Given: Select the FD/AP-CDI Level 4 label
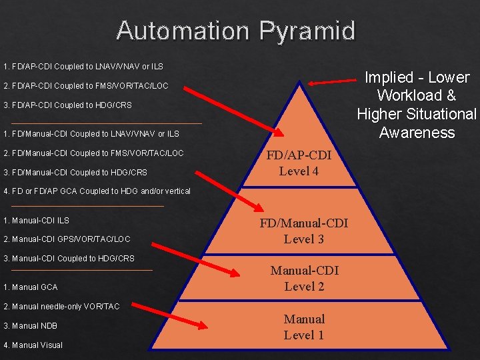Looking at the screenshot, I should [299, 163].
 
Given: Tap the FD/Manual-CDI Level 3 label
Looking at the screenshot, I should [303, 231].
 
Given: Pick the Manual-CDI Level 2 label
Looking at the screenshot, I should [304, 278].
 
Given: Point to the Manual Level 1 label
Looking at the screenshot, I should [304, 327].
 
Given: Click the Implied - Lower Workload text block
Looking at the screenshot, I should [416, 105].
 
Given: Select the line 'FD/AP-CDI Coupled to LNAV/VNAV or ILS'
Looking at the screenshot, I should [83, 67].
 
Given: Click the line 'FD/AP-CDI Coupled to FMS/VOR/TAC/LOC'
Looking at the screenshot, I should [86, 86].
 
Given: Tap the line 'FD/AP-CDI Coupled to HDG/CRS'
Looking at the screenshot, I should [67, 105].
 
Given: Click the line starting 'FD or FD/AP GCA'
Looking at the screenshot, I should [97, 191].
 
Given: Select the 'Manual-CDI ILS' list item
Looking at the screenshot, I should [36, 221].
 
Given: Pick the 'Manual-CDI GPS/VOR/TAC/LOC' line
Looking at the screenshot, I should [67, 239].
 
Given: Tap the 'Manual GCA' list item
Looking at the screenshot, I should [31, 287].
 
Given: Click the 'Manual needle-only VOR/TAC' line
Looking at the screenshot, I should [61, 307].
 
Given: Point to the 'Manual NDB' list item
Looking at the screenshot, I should [31, 326].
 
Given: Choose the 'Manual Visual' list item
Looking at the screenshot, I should [33, 345].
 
